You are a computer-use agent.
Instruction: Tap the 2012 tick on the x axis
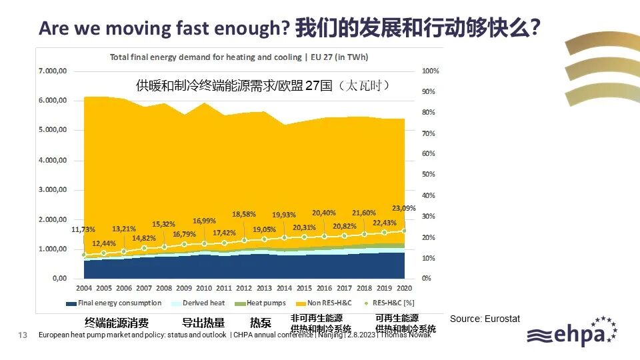[x=244, y=288]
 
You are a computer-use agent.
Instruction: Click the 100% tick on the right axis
[x=431, y=71]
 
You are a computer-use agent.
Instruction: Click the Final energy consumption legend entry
[x=114, y=303]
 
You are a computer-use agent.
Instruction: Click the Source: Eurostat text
[x=485, y=319]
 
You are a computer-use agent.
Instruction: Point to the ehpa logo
[x=571, y=333]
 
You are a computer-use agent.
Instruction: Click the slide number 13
[x=22, y=335]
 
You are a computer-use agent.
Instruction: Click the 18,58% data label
[x=244, y=214]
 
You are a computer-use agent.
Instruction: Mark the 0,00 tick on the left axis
[x=59, y=278]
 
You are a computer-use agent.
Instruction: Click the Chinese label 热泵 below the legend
[x=261, y=323]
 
